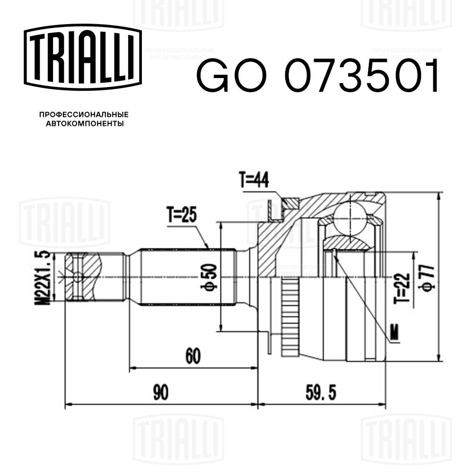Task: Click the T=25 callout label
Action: [181, 216]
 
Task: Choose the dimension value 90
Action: [161, 393]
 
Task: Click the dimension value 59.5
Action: [321, 393]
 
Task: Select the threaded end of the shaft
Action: [83, 276]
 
